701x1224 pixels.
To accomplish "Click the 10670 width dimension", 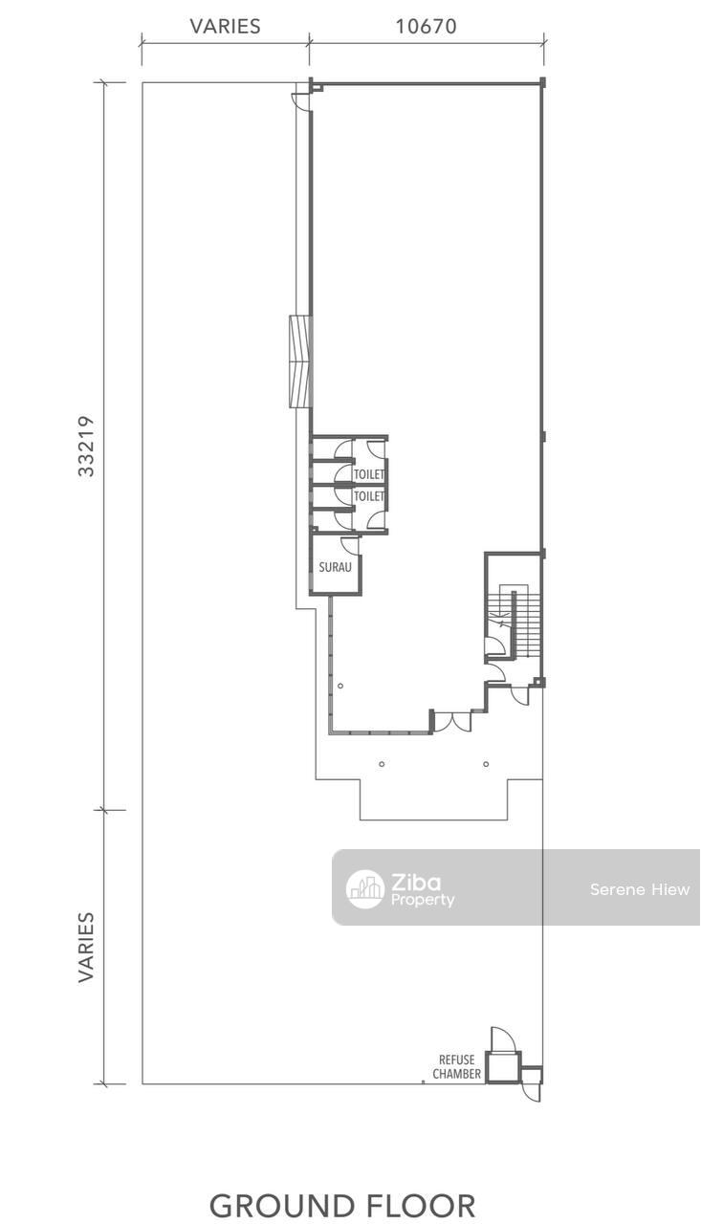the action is click(x=426, y=26).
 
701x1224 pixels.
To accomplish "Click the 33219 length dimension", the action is click(x=86, y=446).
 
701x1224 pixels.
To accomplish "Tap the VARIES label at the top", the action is click(x=225, y=26).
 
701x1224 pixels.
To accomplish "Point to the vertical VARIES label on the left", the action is click(x=86, y=947).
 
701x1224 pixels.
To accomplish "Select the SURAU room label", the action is click(x=335, y=567).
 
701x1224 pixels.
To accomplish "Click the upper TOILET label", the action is click(x=369, y=474).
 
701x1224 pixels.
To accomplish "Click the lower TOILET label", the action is click(x=369, y=496).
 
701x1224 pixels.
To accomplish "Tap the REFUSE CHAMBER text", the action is click(x=457, y=1066).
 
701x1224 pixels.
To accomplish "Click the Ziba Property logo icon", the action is click(x=364, y=888).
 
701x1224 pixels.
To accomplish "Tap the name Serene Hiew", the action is click(x=639, y=889).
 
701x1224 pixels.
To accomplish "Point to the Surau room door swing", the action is click(x=350, y=545).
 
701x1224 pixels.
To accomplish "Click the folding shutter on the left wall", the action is click(x=300, y=361).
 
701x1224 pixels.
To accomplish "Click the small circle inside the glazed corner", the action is click(x=340, y=686).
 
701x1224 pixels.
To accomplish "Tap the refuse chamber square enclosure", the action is click(x=503, y=1066).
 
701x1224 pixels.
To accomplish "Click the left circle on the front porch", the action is click(x=382, y=764).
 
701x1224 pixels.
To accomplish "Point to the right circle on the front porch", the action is click(x=486, y=764).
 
